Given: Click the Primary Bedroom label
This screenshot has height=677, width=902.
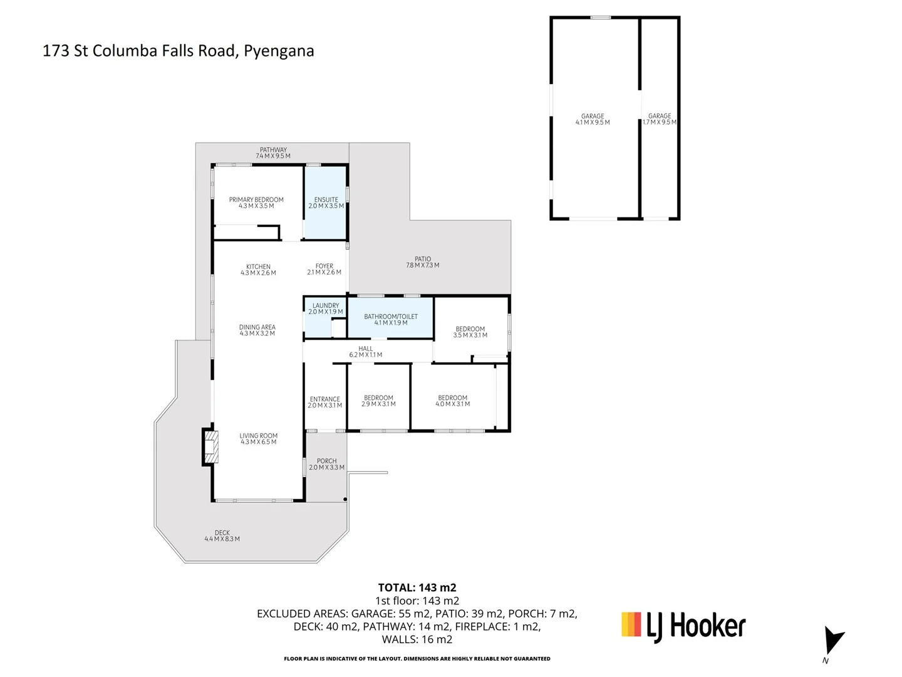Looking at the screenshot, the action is click(256, 200).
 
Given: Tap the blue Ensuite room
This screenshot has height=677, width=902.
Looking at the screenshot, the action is click(325, 202).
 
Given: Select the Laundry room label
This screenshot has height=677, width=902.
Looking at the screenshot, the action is click(326, 305).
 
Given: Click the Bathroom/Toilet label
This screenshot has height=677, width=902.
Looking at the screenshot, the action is click(390, 317).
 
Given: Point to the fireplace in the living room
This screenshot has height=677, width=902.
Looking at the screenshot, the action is click(210, 447).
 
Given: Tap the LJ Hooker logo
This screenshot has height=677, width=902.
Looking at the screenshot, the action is click(683, 627).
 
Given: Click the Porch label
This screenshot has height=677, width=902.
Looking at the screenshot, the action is click(327, 461).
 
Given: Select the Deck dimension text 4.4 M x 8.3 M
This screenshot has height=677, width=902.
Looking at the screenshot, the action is click(222, 539).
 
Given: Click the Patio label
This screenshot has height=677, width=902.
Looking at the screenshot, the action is click(422, 259).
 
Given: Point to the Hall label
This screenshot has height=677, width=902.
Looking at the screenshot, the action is click(365, 349).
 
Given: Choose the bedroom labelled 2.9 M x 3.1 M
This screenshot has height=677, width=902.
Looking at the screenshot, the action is click(378, 397).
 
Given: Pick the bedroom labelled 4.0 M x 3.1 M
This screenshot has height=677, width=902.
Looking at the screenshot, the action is click(452, 397).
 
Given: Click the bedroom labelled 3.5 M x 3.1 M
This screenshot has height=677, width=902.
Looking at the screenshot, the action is click(470, 329).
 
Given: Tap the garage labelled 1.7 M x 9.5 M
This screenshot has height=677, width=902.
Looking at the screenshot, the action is click(659, 118).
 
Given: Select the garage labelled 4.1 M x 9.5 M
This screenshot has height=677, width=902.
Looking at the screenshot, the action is click(594, 118).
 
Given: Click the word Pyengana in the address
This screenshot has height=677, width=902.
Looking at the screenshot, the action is click(279, 51).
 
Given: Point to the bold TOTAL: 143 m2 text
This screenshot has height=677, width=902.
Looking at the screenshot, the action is click(417, 587).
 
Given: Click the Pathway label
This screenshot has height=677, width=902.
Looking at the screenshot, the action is click(273, 150).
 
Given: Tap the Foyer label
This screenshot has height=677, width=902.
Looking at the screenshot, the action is click(324, 266).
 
